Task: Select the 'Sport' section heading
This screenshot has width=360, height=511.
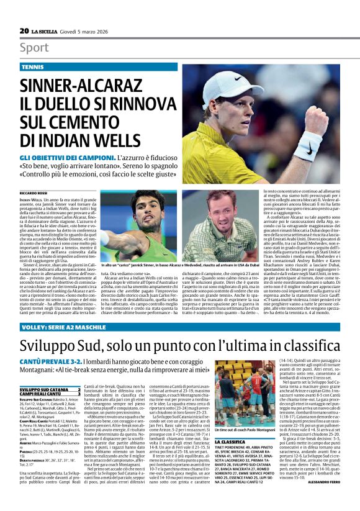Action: [x=34, y=48]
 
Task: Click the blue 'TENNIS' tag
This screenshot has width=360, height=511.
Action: [x=33, y=66]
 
